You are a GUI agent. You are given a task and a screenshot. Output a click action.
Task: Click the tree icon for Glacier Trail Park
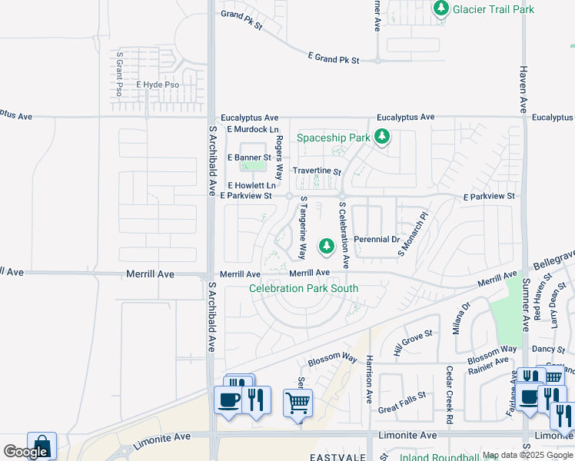click(x=441, y=9)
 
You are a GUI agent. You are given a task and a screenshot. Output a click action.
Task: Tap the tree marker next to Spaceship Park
click(x=382, y=138)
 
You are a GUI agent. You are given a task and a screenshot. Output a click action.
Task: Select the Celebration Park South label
click(x=304, y=288)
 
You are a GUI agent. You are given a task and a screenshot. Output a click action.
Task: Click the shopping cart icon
click(x=297, y=401)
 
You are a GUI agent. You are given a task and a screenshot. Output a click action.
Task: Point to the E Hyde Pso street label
click(x=158, y=85)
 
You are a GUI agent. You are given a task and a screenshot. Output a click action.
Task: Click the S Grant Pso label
click(x=119, y=74)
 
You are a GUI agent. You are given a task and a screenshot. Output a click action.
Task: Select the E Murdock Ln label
click(x=252, y=130)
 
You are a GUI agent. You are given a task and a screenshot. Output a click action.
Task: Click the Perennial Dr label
click(x=376, y=240)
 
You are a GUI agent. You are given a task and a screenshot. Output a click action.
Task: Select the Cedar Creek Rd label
click(x=449, y=394)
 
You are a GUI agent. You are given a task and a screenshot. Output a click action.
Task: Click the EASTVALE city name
click(x=340, y=456)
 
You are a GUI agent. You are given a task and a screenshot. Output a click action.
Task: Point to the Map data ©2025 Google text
click(x=527, y=455)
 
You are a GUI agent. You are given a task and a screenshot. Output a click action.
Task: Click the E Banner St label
click(x=250, y=158)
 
